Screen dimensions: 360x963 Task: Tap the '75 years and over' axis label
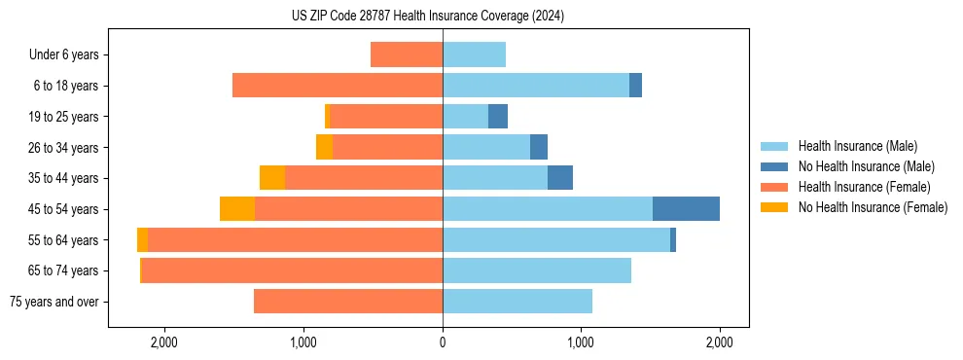click(54, 302)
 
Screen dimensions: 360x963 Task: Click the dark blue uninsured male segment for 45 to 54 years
click(686, 209)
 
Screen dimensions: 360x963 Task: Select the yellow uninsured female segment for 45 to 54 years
click(237, 209)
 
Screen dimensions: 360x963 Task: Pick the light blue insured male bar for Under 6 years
click(475, 55)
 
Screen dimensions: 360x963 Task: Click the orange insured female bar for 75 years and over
click(348, 302)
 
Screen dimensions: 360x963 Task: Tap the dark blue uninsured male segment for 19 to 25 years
click(498, 117)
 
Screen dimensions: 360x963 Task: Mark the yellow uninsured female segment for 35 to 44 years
click(272, 178)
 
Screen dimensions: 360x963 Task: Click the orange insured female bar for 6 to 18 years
click(338, 86)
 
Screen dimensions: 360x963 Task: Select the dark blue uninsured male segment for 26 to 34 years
click(539, 147)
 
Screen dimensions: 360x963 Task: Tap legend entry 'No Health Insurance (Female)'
click(873, 207)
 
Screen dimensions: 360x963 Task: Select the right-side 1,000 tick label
click(581, 342)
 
